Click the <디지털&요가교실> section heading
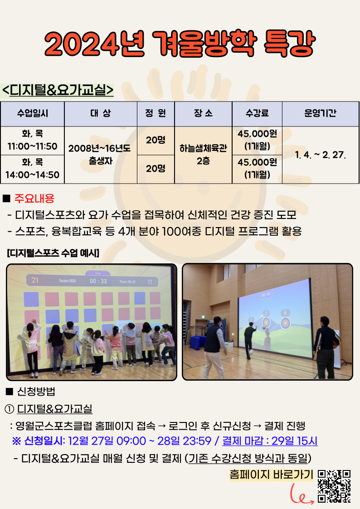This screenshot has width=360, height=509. coord(58,90)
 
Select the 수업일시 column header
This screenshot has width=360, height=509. coord(33,113)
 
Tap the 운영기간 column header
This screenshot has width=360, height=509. coord(321,113)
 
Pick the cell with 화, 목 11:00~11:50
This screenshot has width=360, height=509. coord(33,140)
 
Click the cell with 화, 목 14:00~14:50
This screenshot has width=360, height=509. coord(33,169)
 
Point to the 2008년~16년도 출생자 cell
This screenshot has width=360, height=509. coord(101,155)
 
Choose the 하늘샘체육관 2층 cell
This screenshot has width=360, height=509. coord(203,155)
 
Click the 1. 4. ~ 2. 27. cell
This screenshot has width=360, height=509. coord(321,155)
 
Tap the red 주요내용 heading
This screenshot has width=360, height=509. coord(34,199)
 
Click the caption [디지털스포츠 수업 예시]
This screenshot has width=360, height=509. coord(53,253)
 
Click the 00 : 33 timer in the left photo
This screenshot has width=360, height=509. coord(98,281)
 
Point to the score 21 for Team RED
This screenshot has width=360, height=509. coord(35,280)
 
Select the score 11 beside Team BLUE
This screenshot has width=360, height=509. coord(150,282)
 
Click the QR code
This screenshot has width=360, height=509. coord(334,486)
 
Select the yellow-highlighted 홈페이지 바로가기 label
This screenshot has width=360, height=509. coord(271,475)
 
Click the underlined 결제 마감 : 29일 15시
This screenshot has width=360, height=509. coord(270,441)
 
